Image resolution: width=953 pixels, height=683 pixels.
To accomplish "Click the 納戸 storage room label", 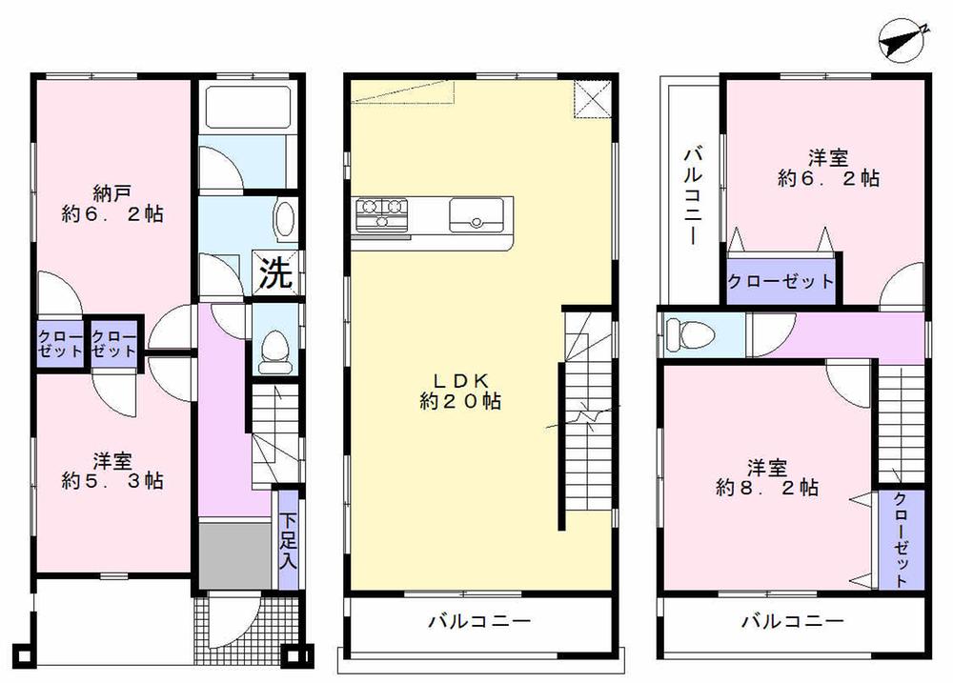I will (108, 203).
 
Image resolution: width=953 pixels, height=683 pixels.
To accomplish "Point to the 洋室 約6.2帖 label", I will (827, 167).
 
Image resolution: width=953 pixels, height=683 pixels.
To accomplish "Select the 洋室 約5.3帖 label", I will (113, 471).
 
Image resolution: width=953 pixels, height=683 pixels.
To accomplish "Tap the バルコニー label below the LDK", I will (478, 622).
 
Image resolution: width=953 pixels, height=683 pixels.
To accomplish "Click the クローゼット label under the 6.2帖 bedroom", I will (781, 282).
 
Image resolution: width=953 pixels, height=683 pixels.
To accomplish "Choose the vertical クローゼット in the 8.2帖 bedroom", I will (902, 538).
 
